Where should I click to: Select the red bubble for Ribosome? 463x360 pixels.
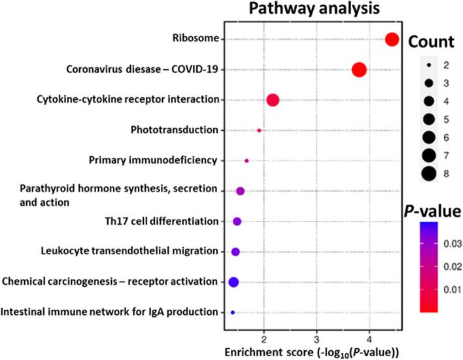[x=392, y=39]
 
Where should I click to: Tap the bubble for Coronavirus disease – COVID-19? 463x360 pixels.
[x=359, y=70]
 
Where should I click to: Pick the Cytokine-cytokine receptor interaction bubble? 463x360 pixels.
[x=273, y=100]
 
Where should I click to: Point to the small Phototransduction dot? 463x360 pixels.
[x=259, y=131]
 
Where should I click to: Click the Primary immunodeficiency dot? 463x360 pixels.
[x=247, y=160]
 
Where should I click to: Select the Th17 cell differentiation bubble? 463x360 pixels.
[x=237, y=221]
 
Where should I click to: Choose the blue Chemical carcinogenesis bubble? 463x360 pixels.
[x=233, y=282]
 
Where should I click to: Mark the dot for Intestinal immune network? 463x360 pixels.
[x=232, y=313]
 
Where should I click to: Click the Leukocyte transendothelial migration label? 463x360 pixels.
[x=129, y=251]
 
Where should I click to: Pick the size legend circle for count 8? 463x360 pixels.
[x=428, y=173]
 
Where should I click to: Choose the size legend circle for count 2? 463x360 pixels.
[x=428, y=66]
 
